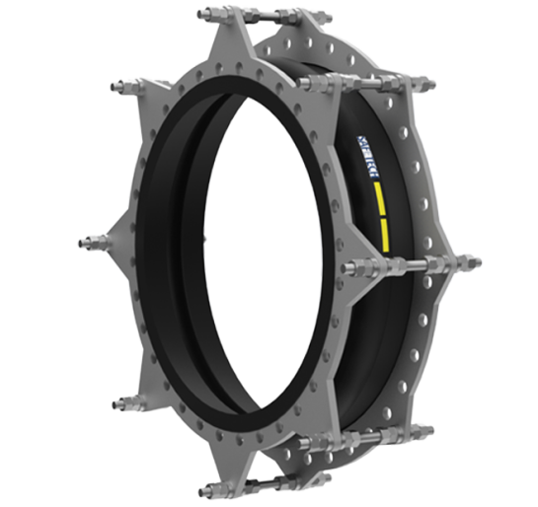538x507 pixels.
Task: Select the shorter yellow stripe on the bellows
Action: click(381, 234)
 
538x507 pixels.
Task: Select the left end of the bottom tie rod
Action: click(205, 490)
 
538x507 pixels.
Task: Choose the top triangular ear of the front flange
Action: click(240, 39)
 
